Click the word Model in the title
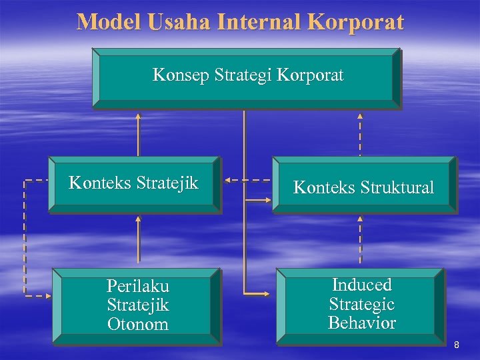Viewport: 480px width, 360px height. [x=107, y=22]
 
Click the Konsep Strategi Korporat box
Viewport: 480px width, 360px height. [x=246, y=77]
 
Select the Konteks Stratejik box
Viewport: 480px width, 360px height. [x=134, y=185]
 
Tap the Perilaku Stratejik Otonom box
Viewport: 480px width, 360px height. [x=137, y=306]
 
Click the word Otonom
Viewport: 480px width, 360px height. [x=137, y=325]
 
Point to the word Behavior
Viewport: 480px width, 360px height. [x=362, y=323]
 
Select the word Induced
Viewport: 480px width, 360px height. [x=362, y=285]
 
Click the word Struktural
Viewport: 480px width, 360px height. [x=399, y=189]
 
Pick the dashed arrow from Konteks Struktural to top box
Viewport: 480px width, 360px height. [x=361, y=133]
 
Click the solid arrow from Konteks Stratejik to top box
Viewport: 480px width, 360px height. [x=139, y=133]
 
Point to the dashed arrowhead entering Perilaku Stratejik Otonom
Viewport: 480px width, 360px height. [x=48, y=295]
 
